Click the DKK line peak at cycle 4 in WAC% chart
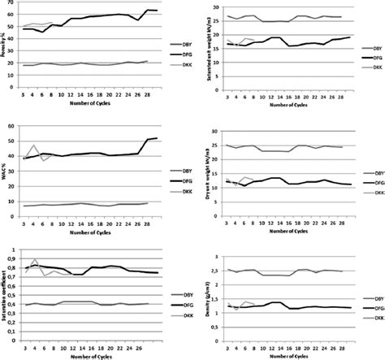point(33,146)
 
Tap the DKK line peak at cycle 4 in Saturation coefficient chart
point(33,260)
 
